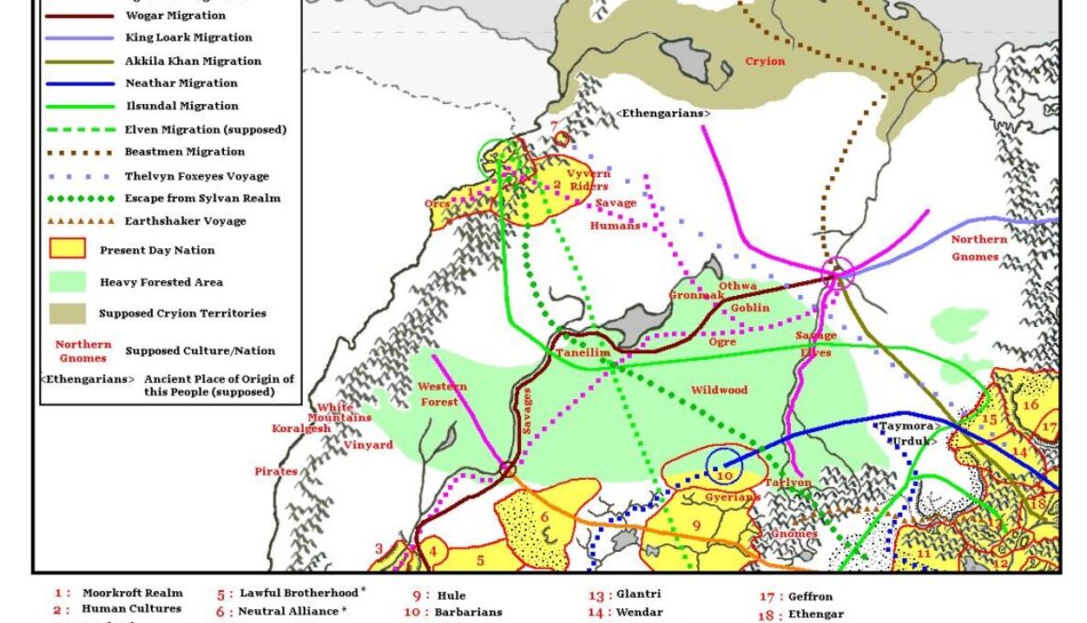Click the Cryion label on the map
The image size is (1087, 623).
pyautogui.click(x=765, y=62)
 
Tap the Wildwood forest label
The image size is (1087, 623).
pyautogui.click(x=719, y=390)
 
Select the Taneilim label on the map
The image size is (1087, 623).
pyautogui.click(x=583, y=352)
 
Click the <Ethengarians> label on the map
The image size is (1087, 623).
pyautogui.click(x=663, y=113)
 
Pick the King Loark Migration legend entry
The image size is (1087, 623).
pyautogui.click(x=187, y=37)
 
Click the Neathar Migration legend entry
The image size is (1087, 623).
pyautogui.click(x=181, y=83)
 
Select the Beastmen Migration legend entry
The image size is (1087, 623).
pyautogui.click(x=185, y=152)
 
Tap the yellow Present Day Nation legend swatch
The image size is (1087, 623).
pyautogui.click(x=67, y=250)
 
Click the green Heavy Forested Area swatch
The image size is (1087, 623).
pyautogui.click(x=67, y=282)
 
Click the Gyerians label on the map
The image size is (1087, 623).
pyautogui.click(x=732, y=497)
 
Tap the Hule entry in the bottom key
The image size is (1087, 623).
pyautogui.click(x=450, y=595)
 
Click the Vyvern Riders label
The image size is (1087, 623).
pyautogui.click(x=588, y=180)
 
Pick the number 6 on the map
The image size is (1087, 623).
pyautogui.click(x=543, y=517)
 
